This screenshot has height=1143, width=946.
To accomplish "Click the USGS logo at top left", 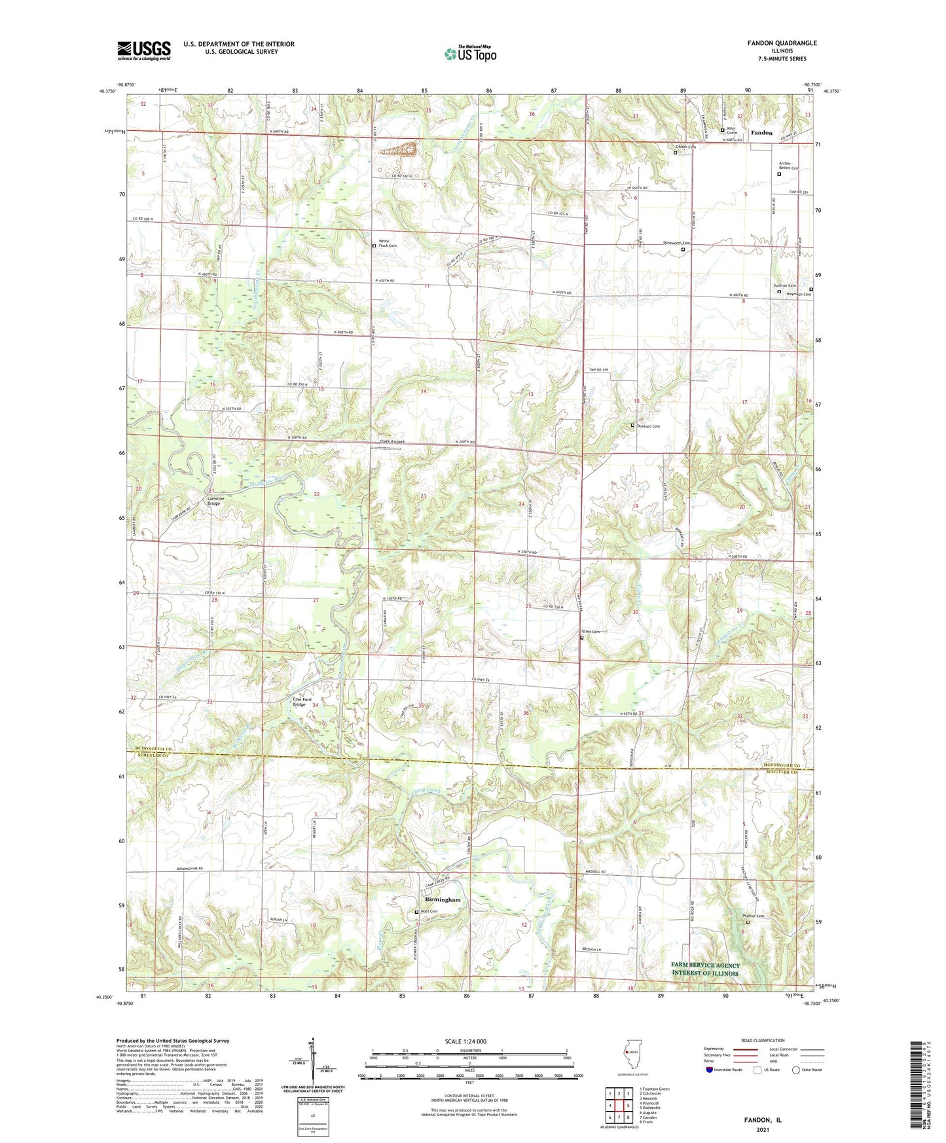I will click(x=143, y=50).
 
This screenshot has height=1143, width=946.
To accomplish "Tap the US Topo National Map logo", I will click(x=470, y=53).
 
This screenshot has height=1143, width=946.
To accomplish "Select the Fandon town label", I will click(x=761, y=133).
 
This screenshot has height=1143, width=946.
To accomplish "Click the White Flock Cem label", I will click(x=388, y=244).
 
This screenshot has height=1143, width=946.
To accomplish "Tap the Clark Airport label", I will click(x=392, y=442).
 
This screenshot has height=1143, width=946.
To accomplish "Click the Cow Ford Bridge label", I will click(x=299, y=702).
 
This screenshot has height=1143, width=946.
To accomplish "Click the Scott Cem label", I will click(x=591, y=632).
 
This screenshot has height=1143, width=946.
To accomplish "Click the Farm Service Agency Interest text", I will click(x=705, y=969).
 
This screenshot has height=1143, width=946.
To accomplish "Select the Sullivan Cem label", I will click(x=783, y=286).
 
